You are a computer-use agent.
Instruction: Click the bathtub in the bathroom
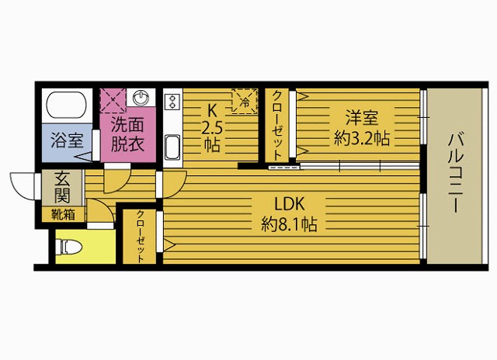tap(67, 106)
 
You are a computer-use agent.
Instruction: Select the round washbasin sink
tap(141, 98)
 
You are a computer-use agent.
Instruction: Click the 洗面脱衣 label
tap(127, 134)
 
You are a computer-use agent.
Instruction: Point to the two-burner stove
tap(172, 102)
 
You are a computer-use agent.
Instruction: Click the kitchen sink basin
tap(172, 147)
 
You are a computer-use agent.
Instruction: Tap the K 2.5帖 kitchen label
tap(212, 128)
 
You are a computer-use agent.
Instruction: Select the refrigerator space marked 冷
tap(245, 101)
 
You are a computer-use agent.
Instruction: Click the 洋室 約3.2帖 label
tap(362, 127)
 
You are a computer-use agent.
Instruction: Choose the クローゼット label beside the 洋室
tap(277, 126)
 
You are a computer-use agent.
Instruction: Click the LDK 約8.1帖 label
tap(289, 214)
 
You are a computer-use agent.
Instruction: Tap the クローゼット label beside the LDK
tap(140, 236)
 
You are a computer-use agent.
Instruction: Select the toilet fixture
tap(68, 247)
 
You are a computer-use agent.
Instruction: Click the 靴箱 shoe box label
tap(63, 215)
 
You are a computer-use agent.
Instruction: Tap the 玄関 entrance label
tap(62, 189)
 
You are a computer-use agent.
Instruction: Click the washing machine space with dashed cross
tap(113, 100)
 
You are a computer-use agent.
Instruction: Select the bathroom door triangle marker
tap(84, 157)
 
